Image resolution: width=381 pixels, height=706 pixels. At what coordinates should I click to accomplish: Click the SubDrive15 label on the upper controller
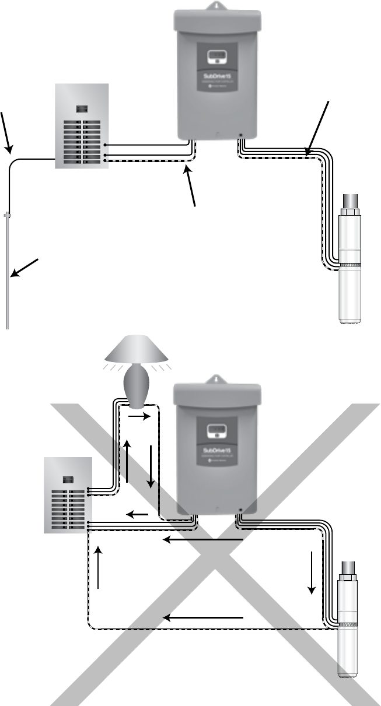point(218,76)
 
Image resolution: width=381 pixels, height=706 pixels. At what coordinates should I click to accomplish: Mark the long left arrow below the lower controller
point(202,540)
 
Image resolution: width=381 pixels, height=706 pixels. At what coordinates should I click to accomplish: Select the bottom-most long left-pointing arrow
point(202,617)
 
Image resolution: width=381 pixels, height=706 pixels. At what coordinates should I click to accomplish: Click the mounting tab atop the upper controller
point(217,6)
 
